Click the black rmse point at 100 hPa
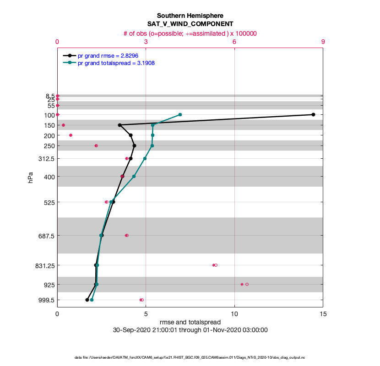(313, 114)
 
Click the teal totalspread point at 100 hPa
(180, 114)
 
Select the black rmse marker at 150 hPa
(119, 125)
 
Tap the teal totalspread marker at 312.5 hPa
(145, 159)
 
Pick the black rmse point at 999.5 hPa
(87, 300)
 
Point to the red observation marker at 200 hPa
(71, 135)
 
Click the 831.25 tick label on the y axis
(44, 265)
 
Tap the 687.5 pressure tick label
(47, 236)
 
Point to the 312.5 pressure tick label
(47, 159)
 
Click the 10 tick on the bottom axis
(234, 314)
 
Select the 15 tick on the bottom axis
(323, 314)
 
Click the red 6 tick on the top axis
(234, 42)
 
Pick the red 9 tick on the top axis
(323, 42)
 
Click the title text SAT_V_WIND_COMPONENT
(190, 24)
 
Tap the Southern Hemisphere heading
(190, 16)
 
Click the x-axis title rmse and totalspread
(190, 322)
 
